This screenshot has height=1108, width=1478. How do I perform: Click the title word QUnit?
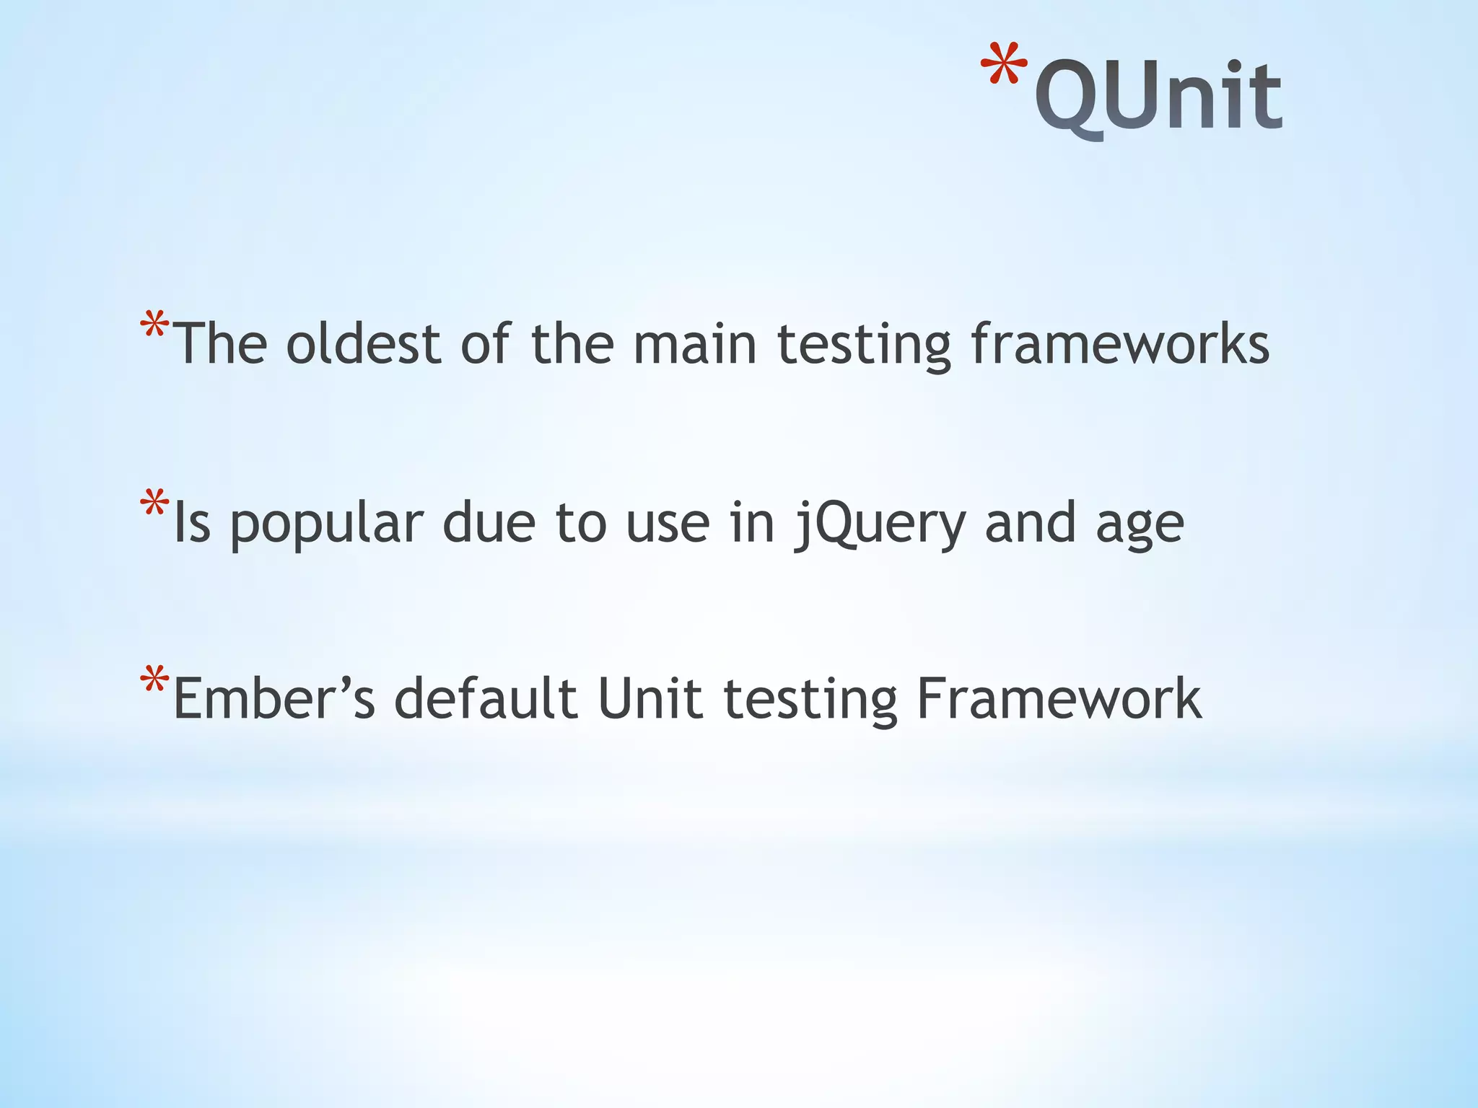tap(1158, 97)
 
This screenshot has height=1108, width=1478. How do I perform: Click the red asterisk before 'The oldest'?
tap(154, 325)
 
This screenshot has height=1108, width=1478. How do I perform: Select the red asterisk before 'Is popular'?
tap(154, 504)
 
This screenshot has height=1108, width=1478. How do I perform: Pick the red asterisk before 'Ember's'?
tap(154, 680)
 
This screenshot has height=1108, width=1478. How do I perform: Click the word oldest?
tap(364, 344)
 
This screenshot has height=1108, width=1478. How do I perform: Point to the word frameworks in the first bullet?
tap(1119, 344)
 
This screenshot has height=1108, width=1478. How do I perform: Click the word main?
tap(695, 344)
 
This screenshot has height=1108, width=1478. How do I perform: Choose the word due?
tap(489, 524)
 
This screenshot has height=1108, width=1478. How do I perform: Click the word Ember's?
tap(274, 699)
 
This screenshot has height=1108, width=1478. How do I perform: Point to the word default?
tap(486, 699)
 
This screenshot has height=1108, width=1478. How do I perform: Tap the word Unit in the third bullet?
tap(650, 699)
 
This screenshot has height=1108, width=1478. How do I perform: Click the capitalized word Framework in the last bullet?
tap(1059, 699)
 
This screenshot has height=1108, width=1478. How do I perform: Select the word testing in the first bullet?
tap(864, 346)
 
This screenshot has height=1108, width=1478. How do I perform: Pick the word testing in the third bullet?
tap(810, 700)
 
